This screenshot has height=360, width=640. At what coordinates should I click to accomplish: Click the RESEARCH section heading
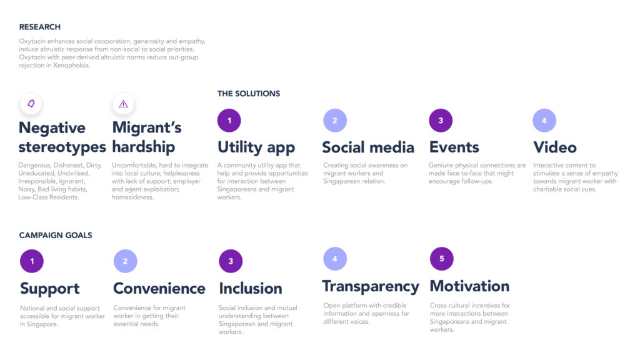click(39, 27)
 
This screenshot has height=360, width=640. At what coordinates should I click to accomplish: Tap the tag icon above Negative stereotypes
click(31, 104)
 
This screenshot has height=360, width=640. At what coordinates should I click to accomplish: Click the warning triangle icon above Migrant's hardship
click(123, 104)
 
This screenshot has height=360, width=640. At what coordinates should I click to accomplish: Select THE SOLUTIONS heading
click(249, 94)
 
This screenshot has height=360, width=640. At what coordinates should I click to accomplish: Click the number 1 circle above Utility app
click(229, 121)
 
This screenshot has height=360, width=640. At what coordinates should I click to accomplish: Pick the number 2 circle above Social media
click(335, 121)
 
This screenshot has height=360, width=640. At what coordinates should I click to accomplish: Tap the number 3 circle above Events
click(441, 121)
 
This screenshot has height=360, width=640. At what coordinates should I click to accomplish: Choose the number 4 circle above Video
click(544, 121)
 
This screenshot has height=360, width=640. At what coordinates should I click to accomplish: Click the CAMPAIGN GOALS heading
click(56, 235)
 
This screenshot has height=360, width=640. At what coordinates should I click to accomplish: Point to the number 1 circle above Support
click(32, 261)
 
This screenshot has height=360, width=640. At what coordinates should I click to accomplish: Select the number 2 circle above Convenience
click(125, 261)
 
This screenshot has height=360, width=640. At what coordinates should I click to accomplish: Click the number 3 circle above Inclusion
click(231, 261)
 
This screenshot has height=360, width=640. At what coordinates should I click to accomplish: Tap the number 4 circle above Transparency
click(335, 259)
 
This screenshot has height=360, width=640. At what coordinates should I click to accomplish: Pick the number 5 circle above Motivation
click(442, 259)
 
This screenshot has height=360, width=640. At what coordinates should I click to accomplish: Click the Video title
click(555, 147)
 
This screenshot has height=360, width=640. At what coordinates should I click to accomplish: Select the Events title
click(454, 147)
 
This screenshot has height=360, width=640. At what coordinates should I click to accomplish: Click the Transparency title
click(371, 287)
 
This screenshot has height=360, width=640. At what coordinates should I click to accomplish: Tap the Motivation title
click(469, 286)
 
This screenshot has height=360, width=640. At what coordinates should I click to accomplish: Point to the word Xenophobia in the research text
click(71, 65)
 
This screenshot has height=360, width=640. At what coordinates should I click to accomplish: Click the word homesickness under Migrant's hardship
click(132, 197)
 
